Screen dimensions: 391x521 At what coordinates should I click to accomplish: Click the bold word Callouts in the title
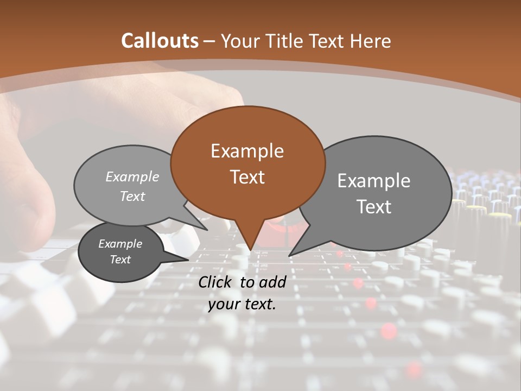tap(160, 41)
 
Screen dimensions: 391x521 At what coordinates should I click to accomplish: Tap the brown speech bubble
tap(247, 163)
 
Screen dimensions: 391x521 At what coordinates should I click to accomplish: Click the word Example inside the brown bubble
tap(247, 150)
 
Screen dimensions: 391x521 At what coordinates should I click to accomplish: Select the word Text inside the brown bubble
tap(247, 177)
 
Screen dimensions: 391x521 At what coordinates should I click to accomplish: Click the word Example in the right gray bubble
tap(374, 180)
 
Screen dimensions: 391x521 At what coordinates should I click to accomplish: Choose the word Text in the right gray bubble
tap(374, 207)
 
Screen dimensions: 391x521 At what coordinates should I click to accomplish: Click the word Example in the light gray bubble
tap(132, 176)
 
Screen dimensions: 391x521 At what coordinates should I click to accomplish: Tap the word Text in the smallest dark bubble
tap(120, 260)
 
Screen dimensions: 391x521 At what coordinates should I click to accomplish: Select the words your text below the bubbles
tap(242, 304)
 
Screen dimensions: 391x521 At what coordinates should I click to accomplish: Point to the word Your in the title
tap(237, 41)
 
